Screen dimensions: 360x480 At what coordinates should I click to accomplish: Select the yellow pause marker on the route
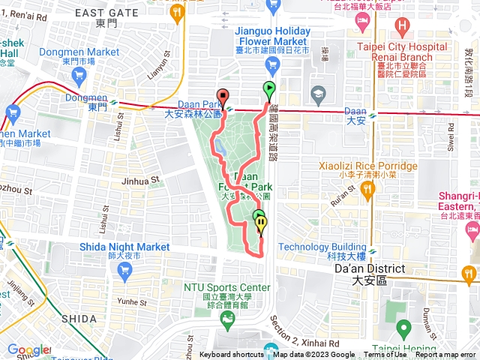pyautogui.click(x=260, y=223)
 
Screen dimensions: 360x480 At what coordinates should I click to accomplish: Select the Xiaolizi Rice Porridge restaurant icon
pyautogui.click(x=367, y=191)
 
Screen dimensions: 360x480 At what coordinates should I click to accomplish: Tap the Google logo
pyautogui.click(x=25, y=350)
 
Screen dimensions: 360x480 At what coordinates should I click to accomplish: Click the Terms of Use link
pyautogui.click(x=385, y=355)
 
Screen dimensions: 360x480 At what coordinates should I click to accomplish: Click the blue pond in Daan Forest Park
pyautogui.click(x=222, y=149)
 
